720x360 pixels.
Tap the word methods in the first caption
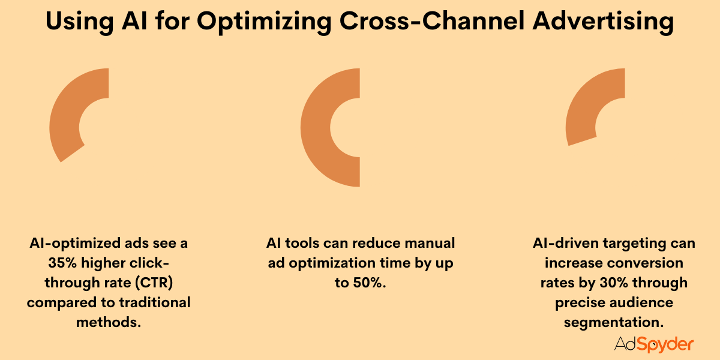(108, 322)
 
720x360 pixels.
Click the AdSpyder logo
(654, 344)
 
